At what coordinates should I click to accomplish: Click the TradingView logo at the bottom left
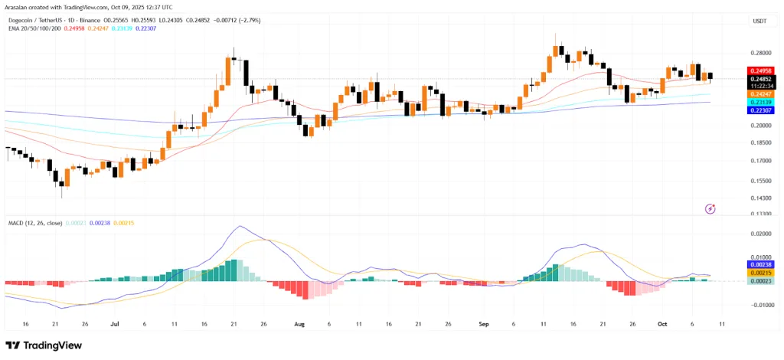(x=44, y=345)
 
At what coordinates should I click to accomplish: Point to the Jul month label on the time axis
(x=115, y=324)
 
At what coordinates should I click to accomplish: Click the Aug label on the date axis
(x=300, y=324)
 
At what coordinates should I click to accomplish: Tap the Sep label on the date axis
(x=483, y=324)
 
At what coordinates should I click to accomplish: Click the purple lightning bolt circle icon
(x=710, y=208)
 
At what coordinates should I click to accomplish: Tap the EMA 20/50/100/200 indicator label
(x=40, y=28)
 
